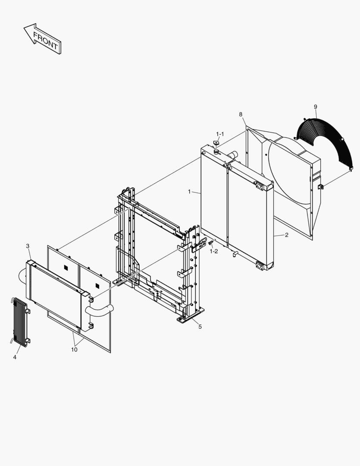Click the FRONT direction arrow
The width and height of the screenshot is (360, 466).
[x=43, y=39]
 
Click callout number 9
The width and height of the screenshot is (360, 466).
[x=316, y=107]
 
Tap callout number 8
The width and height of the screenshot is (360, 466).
[x=241, y=114]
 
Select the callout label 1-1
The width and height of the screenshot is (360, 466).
[x=220, y=134]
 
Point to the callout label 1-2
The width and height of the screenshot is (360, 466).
[x=213, y=252]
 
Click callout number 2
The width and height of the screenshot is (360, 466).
[x=287, y=235]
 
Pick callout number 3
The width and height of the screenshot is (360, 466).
[x=28, y=246]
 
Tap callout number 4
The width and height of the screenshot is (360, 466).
[x=15, y=357]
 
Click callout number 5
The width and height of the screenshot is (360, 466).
[x=200, y=327]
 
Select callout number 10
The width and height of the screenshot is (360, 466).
[x=74, y=350]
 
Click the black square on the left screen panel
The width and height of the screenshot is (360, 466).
[x=66, y=267]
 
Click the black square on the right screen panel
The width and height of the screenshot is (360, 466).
[x=97, y=286]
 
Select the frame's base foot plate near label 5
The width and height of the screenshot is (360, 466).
[x=191, y=315]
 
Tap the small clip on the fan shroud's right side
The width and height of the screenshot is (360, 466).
[x=321, y=187]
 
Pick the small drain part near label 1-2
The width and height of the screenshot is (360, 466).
[x=211, y=243]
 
